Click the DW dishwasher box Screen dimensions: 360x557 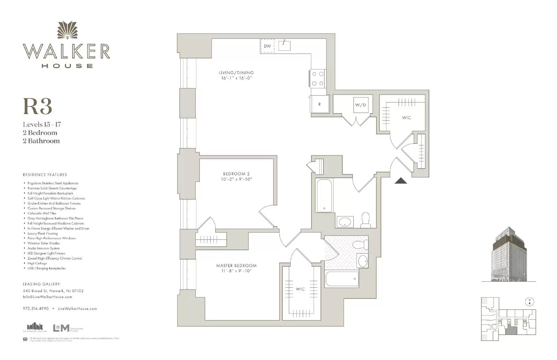(267, 46)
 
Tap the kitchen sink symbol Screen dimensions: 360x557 (284, 45)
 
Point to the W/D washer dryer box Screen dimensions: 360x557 (361, 105)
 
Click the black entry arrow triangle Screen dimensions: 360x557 (401, 181)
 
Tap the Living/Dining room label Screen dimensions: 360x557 (236, 73)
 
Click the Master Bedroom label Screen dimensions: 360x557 (236, 266)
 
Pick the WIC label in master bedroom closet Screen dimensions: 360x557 (300, 289)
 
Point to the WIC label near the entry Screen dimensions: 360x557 (406, 118)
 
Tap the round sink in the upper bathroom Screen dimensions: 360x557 (345, 222)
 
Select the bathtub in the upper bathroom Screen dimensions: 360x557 (324, 195)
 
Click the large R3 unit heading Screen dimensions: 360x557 (38, 106)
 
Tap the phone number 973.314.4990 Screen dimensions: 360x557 (36, 309)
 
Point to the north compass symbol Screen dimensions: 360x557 (529, 302)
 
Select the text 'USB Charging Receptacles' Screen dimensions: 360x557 (47, 268)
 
